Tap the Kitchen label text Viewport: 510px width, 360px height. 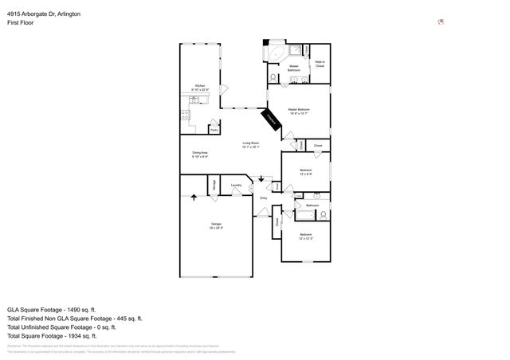[x=199, y=88]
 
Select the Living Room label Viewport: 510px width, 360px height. [x=251, y=145]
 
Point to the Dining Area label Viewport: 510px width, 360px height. [x=199, y=155]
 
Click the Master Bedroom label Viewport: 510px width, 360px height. [x=299, y=112]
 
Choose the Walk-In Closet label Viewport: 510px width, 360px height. [x=320, y=64]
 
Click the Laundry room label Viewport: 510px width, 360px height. [x=236, y=186]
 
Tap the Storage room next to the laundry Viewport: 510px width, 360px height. [x=213, y=185]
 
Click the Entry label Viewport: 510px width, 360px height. [x=264, y=198]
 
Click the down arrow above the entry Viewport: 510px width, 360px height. [x=261, y=181]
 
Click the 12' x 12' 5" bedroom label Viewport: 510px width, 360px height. [x=306, y=237]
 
